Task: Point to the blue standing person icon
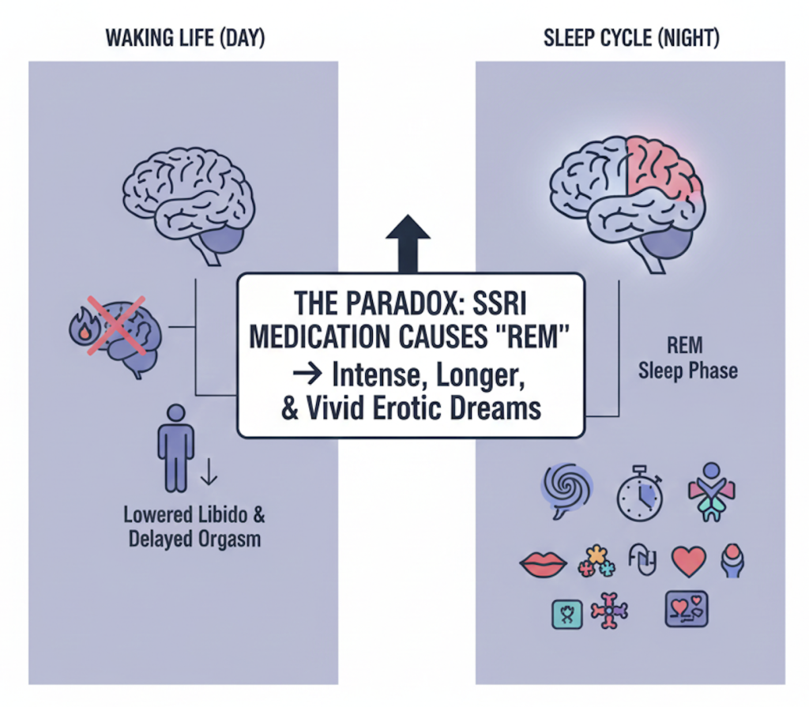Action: pyautogui.click(x=175, y=447)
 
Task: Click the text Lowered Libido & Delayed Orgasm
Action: pyautogui.click(x=194, y=528)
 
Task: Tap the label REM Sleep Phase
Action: pyautogui.click(x=687, y=359)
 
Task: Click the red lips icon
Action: pyautogui.click(x=543, y=562)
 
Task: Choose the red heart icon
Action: pyautogui.click(x=688, y=562)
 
